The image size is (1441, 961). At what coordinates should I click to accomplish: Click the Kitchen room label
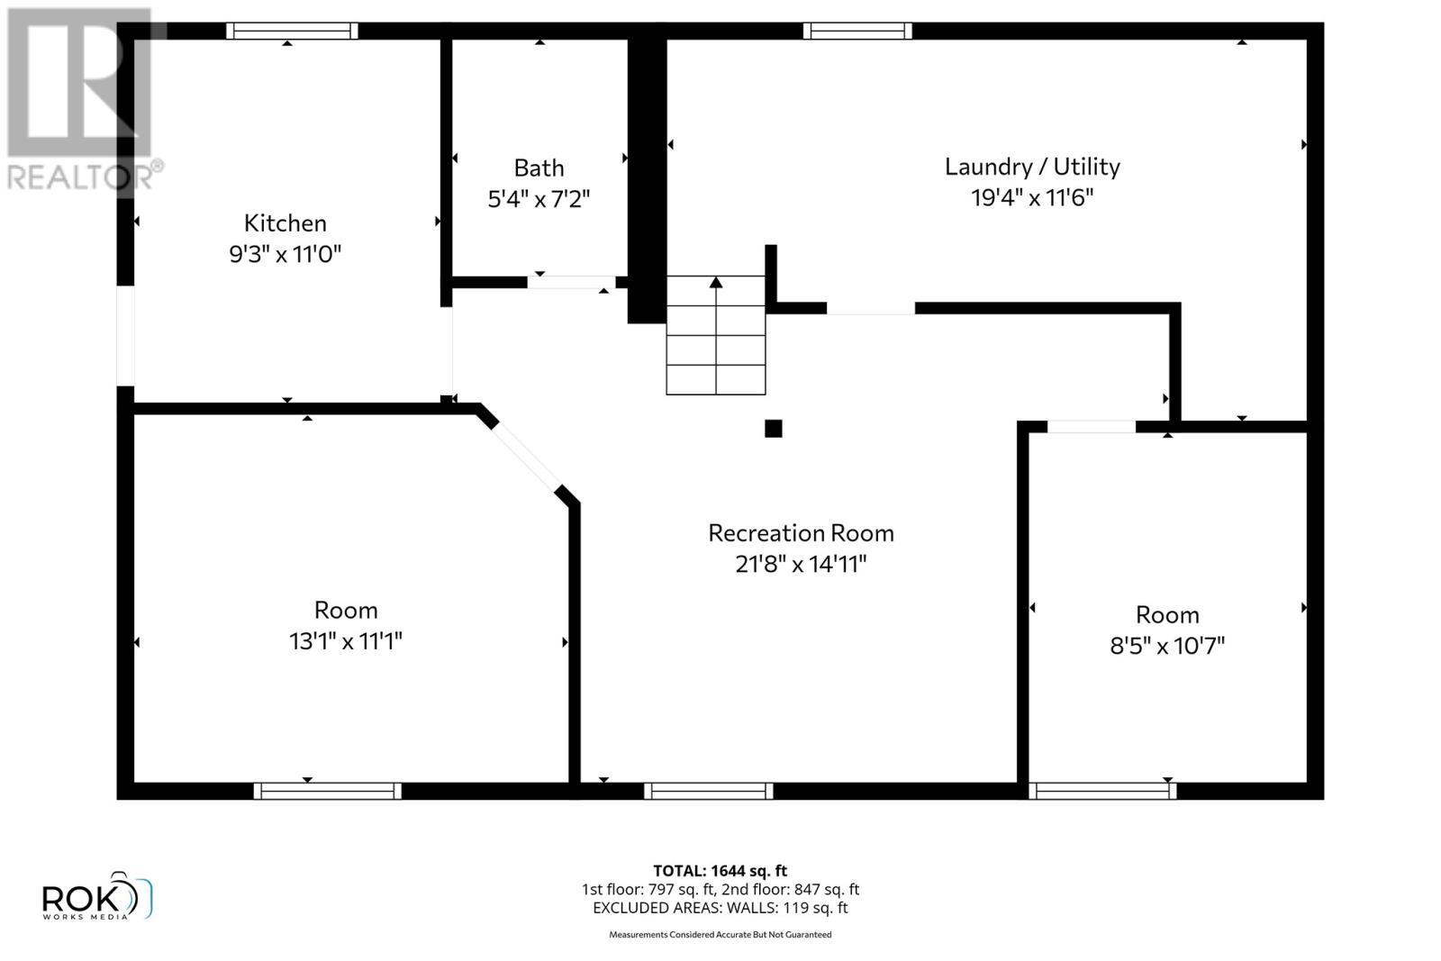point(285,222)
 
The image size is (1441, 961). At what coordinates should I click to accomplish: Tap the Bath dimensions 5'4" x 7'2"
point(539,198)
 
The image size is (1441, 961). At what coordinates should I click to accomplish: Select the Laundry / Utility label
point(1032,167)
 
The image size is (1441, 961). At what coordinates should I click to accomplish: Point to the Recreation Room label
point(801,533)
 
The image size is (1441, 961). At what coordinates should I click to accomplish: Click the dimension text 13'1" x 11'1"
point(345,641)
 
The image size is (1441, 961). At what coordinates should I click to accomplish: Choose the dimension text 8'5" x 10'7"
point(1167,646)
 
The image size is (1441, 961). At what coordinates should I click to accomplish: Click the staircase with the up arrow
point(716,335)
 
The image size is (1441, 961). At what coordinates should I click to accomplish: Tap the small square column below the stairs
point(773,429)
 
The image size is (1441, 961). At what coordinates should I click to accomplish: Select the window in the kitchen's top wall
point(291,31)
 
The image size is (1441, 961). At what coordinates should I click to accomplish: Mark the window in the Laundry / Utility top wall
point(857,31)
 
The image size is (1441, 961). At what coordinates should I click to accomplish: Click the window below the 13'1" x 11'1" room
point(327,791)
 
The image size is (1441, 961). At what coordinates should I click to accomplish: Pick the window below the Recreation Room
point(708,791)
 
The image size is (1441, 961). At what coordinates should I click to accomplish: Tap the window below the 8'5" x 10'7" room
point(1102,791)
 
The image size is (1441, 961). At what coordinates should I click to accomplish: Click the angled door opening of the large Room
point(527,455)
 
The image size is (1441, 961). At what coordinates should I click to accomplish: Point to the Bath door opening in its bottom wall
point(571,282)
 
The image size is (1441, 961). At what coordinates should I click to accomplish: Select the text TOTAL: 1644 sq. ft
point(720,871)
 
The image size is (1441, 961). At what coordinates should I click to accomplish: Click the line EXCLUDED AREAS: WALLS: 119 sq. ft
point(720,908)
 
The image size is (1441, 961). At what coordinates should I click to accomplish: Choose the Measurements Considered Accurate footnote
point(720,935)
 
